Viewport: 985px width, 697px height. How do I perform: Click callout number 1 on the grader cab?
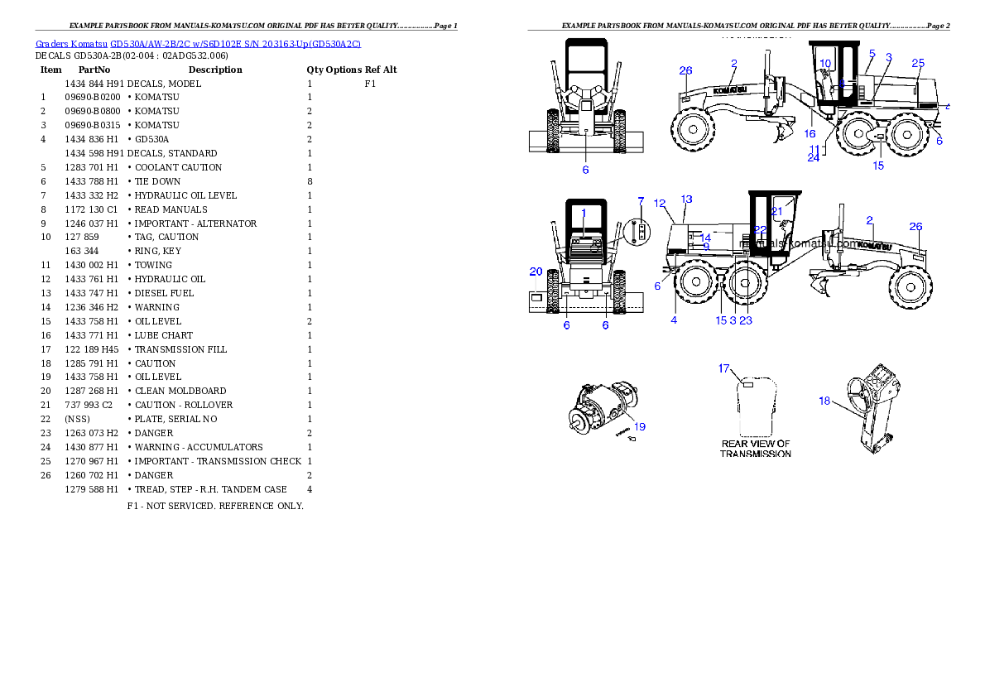pos(584,213)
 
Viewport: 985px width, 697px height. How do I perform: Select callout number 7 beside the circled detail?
pos(640,201)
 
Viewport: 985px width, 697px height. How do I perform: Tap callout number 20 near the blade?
pos(536,272)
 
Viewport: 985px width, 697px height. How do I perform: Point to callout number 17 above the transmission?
pos(724,368)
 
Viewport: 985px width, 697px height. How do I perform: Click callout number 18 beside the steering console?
pos(824,401)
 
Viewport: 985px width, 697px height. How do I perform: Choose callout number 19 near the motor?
pos(640,426)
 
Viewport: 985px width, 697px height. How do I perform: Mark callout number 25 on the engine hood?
pos(918,63)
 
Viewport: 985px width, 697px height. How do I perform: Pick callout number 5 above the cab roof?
pos(872,53)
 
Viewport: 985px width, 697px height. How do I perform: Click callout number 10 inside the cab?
pos(825,63)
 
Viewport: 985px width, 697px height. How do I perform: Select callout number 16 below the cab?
pos(810,133)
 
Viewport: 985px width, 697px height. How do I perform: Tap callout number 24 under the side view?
pos(814,157)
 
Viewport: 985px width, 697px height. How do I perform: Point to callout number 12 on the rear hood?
pos(660,203)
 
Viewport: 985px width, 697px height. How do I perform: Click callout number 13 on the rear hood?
pos(686,199)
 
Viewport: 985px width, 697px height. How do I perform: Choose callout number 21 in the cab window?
pos(777,211)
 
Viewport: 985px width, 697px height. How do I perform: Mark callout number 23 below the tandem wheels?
pos(746,320)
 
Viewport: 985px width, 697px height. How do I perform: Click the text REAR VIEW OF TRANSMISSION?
pos(756,449)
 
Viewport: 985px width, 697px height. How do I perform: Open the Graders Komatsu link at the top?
pos(198,43)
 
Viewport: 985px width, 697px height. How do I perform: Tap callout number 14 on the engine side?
pos(705,238)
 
